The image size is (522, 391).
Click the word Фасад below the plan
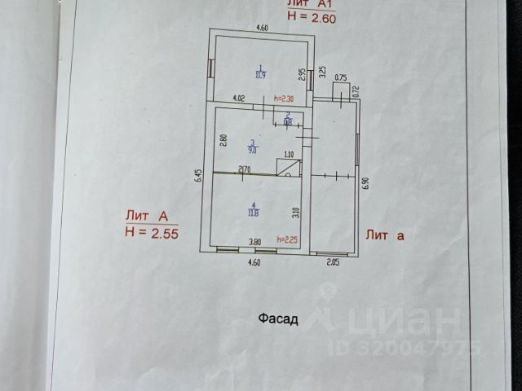click(x=278, y=319)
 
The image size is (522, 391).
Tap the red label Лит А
click(x=147, y=216)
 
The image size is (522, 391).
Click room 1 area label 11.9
click(x=260, y=72)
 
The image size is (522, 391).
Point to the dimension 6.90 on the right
click(x=366, y=182)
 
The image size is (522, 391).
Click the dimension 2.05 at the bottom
click(x=334, y=262)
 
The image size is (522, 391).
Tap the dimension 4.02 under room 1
click(x=239, y=99)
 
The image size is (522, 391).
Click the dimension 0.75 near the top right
click(x=341, y=77)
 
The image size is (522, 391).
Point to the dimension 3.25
click(x=322, y=71)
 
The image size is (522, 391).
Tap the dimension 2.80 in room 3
click(x=222, y=138)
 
